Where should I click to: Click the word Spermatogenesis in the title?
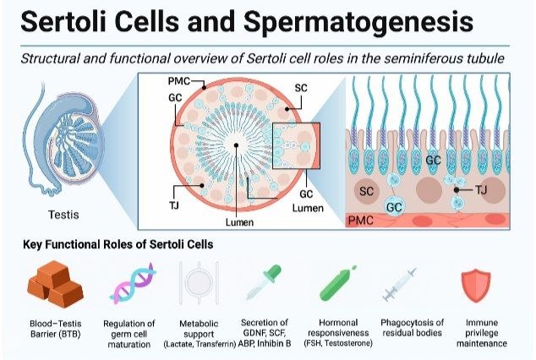tap(358, 22)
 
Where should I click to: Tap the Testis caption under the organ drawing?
tap(63, 215)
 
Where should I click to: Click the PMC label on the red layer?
tap(361, 221)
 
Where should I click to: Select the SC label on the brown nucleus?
tap(366, 191)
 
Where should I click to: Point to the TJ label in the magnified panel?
tap(481, 189)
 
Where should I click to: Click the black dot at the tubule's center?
tap(236, 145)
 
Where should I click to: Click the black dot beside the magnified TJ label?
tap(457, 190)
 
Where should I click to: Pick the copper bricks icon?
tap(56, 284)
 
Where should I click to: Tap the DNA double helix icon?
tap(132, 283)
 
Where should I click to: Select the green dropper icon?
tap(265, 282)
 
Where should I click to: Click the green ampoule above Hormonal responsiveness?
tap(337, 284)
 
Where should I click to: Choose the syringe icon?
tap(399, 285)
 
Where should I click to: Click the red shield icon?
tap(476, 286)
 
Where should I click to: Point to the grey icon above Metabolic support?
tap(199, 283)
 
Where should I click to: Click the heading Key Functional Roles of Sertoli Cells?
tap(118, 244)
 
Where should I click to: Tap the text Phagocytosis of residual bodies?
tap(413, 328)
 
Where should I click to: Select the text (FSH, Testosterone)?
tap(338, 343)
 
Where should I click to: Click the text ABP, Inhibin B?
tap(265, 343)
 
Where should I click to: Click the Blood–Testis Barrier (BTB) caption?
tap(56, 329)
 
